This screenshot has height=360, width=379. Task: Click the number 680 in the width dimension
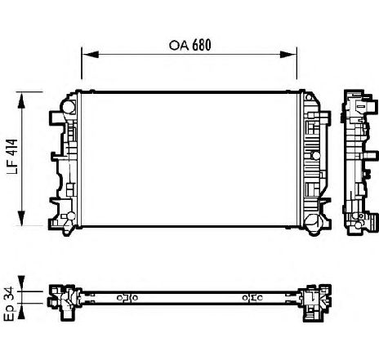coord(202,45)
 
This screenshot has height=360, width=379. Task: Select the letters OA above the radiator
coord(179,45)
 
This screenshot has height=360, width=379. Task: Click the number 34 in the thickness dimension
coord(9,293)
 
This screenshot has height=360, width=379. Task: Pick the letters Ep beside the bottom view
coord(10,313)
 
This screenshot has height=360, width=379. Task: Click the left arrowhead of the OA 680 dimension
coord(90,55)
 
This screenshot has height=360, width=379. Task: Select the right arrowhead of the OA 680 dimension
coord(288,55)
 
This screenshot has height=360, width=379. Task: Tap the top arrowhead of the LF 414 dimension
coord(21,100)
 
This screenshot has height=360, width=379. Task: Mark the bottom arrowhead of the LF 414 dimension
coord(21,218)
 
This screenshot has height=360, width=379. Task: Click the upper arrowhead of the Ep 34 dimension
coord(21,283)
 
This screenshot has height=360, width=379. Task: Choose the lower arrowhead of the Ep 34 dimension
coord(21,311)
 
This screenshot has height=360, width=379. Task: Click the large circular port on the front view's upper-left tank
coord(68,107)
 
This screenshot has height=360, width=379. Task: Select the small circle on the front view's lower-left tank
coord(71,216)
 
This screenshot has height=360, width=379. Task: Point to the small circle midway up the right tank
coord(316,156)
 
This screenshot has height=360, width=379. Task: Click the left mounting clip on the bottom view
coord(127,298)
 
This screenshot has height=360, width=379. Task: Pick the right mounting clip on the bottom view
coord(252,298)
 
